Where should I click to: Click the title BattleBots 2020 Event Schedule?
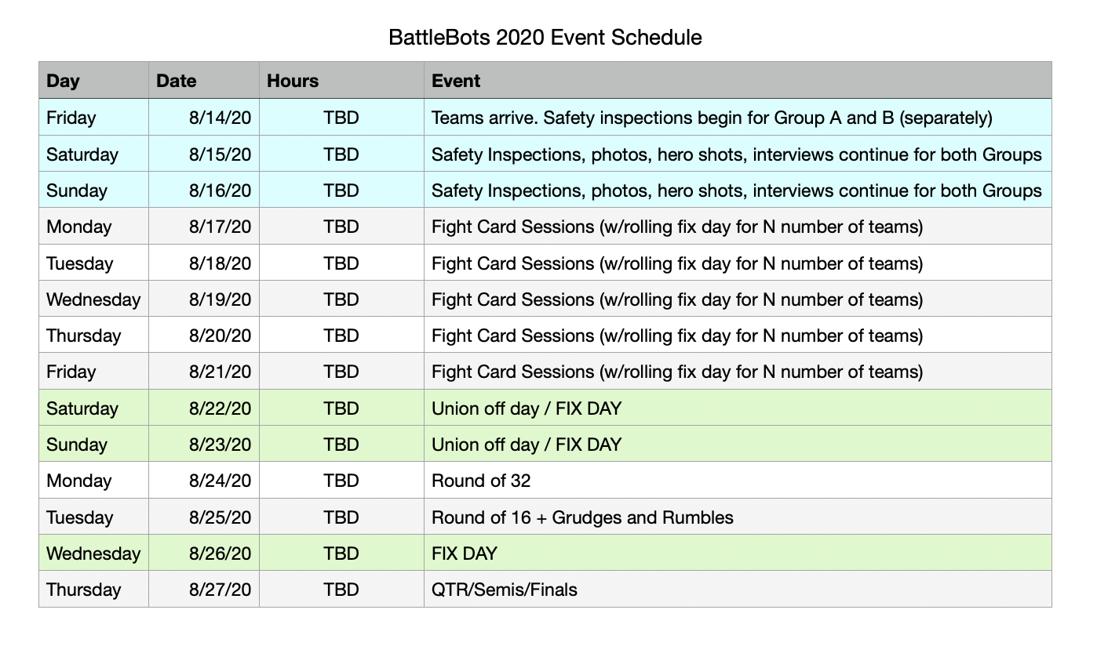pyautogui.click(x=545, y=37)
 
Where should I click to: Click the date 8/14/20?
pyautogui.click(x=220, y=118)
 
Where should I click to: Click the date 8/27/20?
pyautogui.click(x=220, y=590)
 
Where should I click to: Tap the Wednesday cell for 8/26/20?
pyautogui.click(x=93, y=553)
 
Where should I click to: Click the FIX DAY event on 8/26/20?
pyautogui.click(x=465, y=553)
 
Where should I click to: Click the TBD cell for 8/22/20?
pyautogui.click(x=341, y=408)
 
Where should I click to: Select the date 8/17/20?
pyautogui.click(x=220, y=227)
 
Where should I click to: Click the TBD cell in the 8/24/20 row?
pyautogui.click(x=341, y=481)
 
